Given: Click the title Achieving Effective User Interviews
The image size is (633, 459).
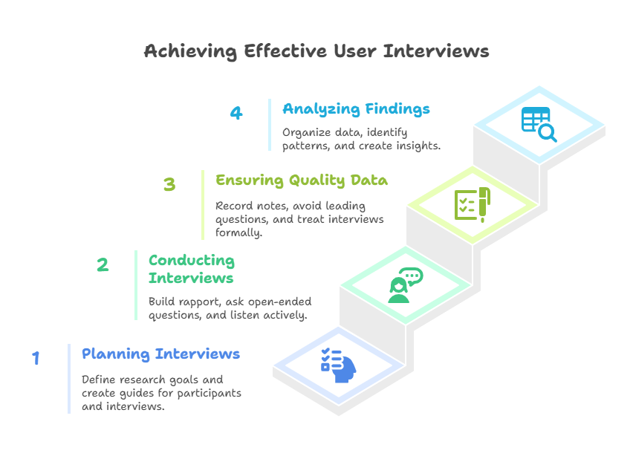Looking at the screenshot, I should [316, 51].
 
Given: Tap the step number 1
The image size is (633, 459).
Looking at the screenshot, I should [35, 359].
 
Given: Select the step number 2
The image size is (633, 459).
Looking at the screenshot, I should [103, 265].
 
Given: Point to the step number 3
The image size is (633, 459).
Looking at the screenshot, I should [169, 184].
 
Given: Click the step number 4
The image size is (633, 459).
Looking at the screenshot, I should [236, 113].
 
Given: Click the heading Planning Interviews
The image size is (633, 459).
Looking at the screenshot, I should [160, 354].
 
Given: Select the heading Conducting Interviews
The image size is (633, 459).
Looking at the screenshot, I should [191, 269].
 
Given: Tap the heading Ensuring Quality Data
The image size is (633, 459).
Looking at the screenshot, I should [301, 180].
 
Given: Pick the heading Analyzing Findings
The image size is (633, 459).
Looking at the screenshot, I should [356, 109].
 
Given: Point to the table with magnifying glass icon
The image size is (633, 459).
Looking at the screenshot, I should [539, 124].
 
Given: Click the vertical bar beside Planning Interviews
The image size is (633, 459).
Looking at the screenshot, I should [69, 378].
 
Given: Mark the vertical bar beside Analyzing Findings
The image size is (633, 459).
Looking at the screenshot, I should [270, 125].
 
